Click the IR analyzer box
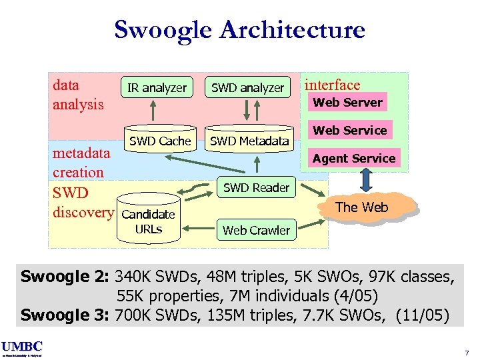(x=157, y=87)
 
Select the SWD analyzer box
(x=247, y=87)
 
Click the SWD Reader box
(x=256, y=187)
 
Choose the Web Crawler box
(x=256, y=230)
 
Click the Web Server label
(x=347, y=102)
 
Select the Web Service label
(x=350, y=130)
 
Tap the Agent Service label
(x=354, y=158)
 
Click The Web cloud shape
(x=361, y=207)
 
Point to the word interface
(x=332, y=85)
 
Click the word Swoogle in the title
(x=163, y=30)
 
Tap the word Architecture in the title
(x=292, y=30)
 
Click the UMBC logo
(x=22, y=346)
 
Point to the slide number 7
(x=467, y=352)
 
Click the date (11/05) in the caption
(x=422, y=314)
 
